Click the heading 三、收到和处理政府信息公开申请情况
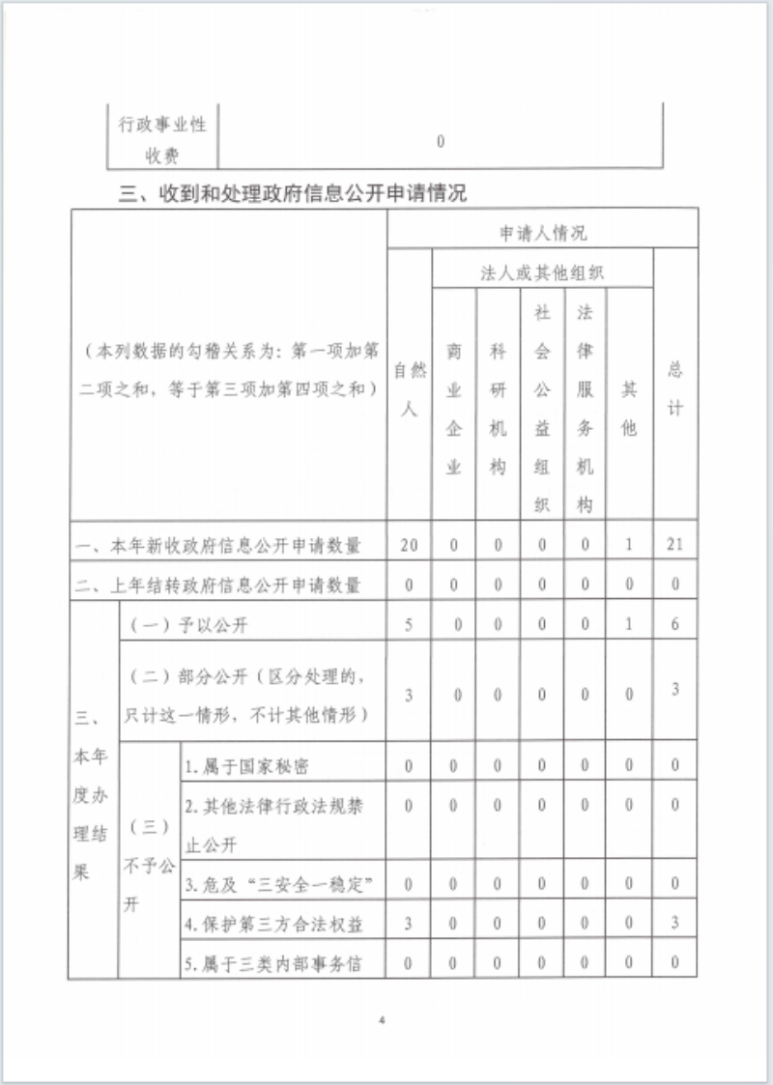292,194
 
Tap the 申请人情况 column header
542,233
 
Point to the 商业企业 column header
453,409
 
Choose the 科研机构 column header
498,409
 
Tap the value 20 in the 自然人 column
409,545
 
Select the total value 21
675,545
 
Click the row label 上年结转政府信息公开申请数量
218,585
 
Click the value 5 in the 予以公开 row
409,625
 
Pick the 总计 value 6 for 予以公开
675,625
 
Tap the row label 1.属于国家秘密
246,766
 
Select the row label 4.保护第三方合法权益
274,924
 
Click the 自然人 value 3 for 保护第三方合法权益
409,924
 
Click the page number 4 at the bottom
383,1020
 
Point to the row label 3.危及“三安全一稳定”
278,884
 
